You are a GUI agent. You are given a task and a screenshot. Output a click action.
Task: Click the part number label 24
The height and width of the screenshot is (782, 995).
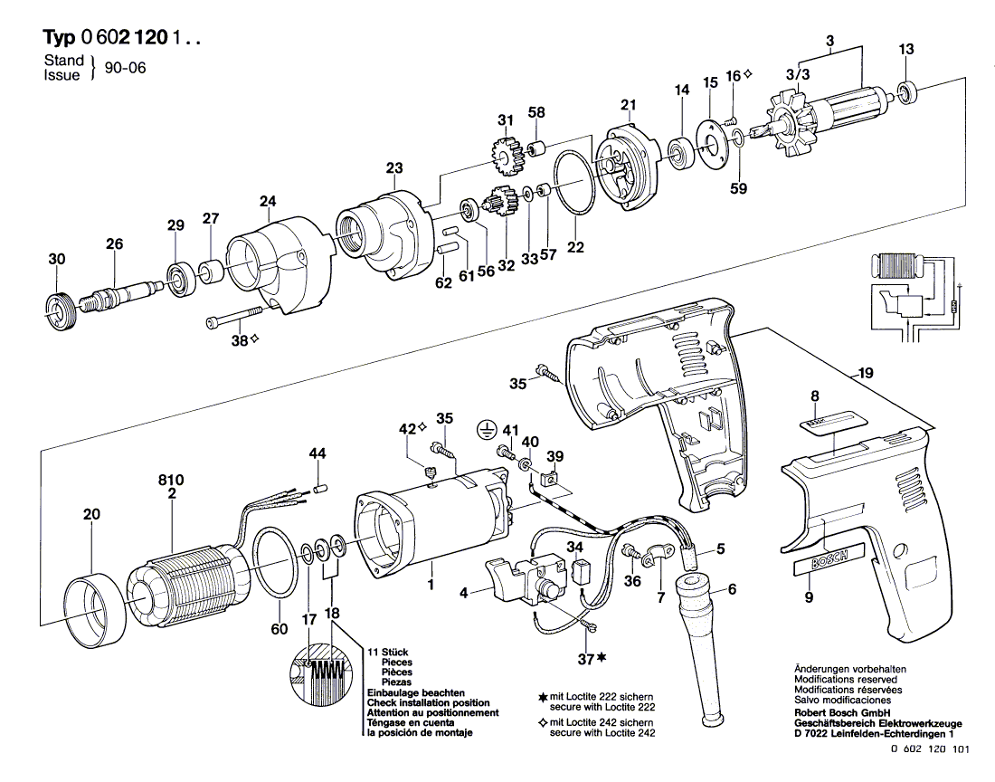tap(268, 202)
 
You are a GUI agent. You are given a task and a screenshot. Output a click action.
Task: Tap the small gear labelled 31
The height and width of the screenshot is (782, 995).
tap(505, 157)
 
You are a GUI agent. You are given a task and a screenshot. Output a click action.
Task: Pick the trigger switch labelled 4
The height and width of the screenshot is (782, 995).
tap(526, 577)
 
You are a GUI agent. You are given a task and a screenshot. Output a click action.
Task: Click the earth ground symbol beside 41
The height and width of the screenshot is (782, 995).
tap(485, 430)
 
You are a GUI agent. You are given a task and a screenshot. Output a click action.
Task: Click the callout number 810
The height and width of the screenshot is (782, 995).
tap(171, 481)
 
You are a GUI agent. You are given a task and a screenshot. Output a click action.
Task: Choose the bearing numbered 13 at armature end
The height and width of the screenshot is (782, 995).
tap(907, 92)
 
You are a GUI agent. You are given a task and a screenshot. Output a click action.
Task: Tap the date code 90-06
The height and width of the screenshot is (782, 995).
tap(125, 67)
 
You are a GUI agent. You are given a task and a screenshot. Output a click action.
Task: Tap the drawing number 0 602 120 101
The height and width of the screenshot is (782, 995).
tap(930, 749)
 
